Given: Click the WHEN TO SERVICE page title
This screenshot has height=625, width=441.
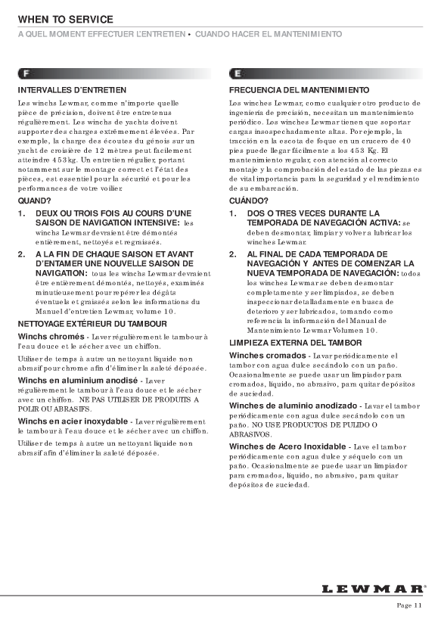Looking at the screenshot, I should pos(66,19).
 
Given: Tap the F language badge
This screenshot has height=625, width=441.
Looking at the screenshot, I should pos(26,74).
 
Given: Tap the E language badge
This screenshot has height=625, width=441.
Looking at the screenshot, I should pos(238,74).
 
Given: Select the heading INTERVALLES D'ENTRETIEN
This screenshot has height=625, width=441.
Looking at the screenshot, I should pos(67,89).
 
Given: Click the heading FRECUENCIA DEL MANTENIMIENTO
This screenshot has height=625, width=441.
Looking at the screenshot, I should pos(299,89).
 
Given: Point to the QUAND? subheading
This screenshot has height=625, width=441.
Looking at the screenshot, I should pos(34,201).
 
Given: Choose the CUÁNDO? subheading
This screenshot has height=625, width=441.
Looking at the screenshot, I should pos(248,201).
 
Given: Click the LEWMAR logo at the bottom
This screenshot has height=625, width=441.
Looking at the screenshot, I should pos(373,588).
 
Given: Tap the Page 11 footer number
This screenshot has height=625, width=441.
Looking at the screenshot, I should pos(409,605).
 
